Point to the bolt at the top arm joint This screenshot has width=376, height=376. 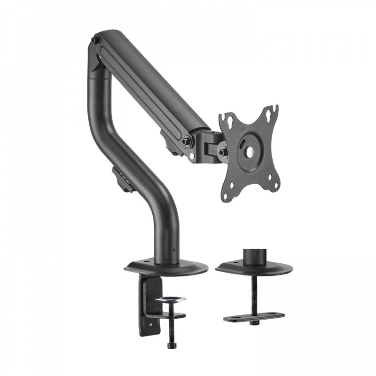(95, 41)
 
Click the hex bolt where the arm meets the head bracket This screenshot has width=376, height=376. (187, 140)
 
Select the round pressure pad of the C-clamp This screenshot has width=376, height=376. (171, 299)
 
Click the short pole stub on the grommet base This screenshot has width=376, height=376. (253, 257)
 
